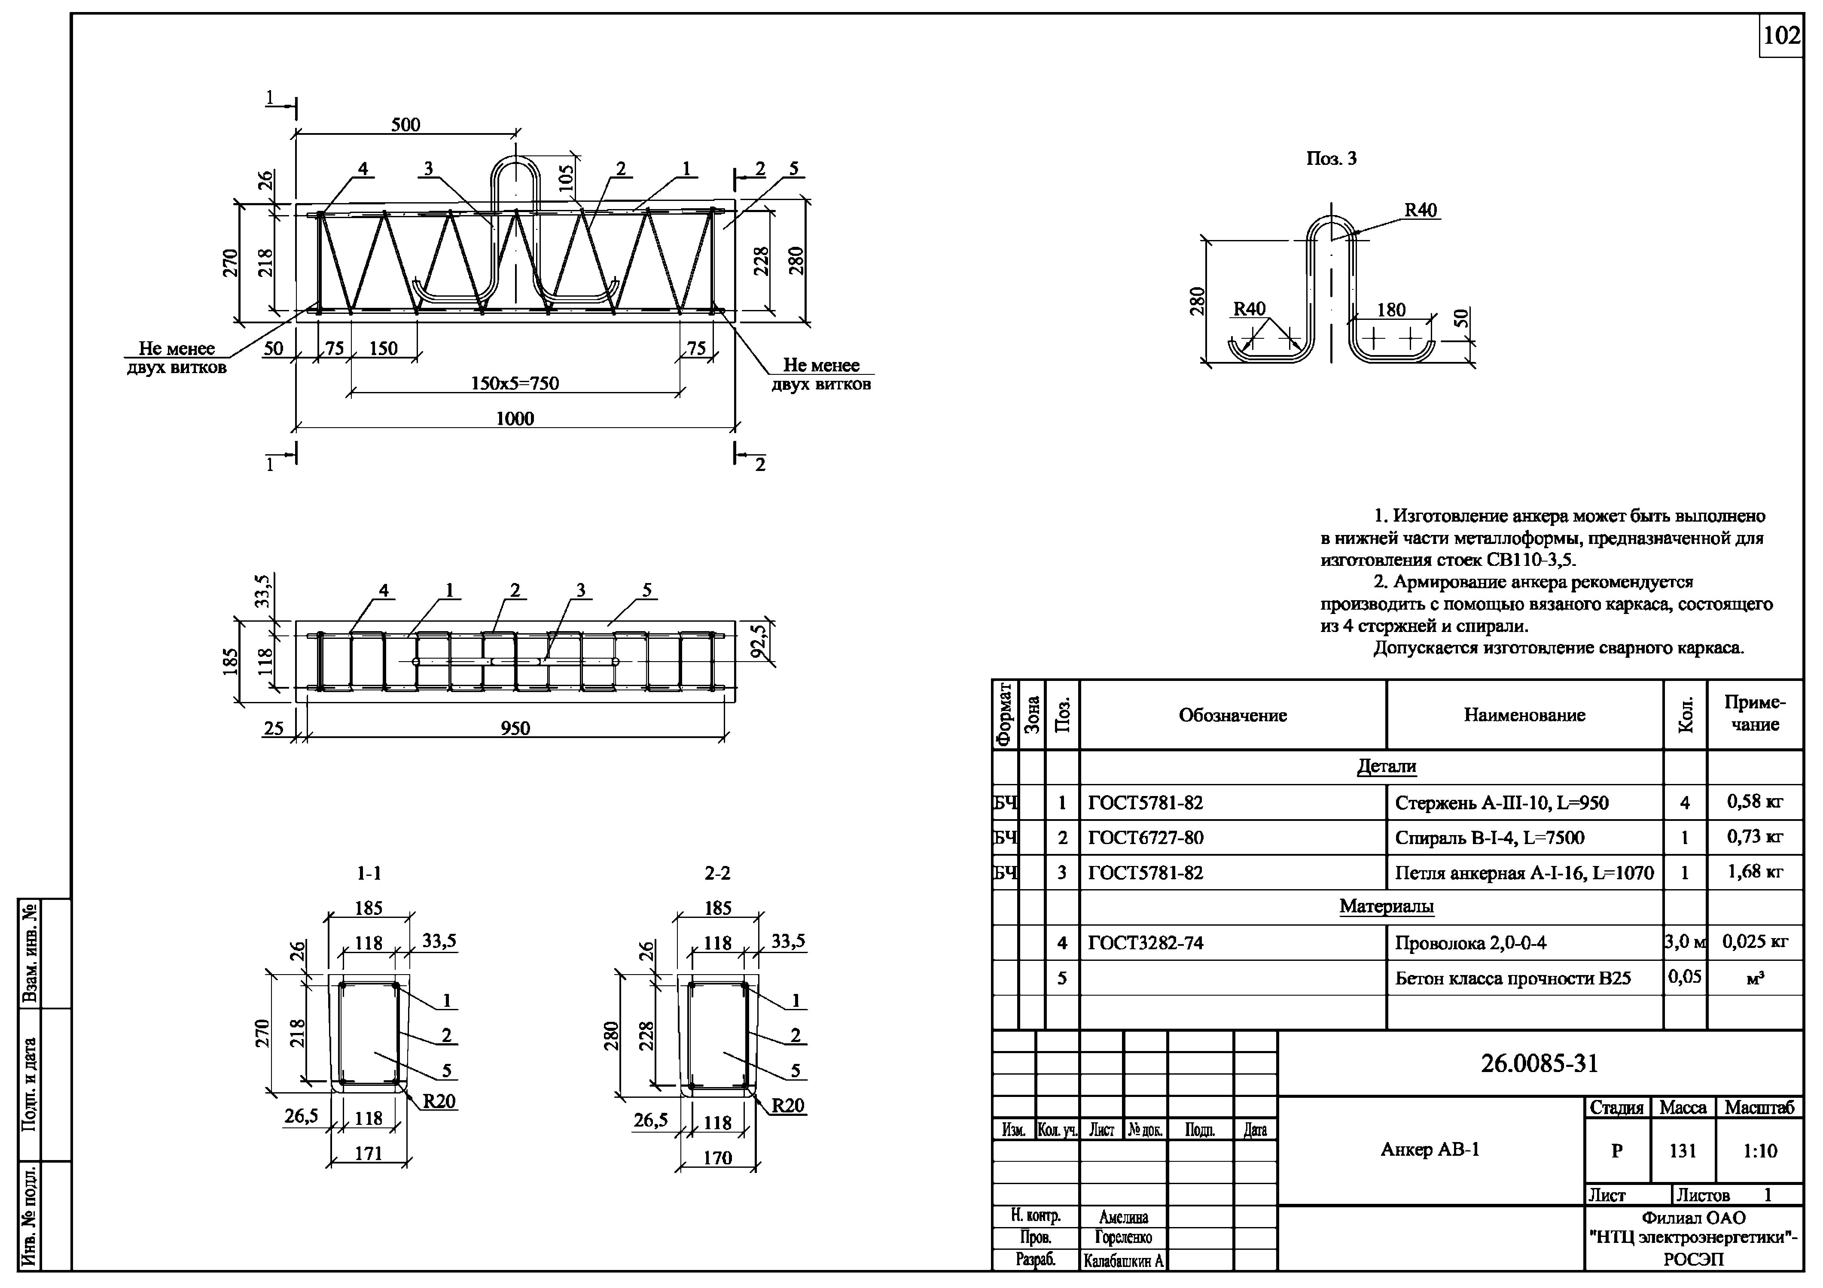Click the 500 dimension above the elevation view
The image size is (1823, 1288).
(406, 125)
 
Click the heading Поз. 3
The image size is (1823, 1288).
(1332, 159)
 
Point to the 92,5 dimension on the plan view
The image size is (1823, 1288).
(760, 642)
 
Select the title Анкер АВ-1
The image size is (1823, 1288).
(1430, 1150)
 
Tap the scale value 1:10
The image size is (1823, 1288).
(1759, 1151)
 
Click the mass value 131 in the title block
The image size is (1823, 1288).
(1683, 1151)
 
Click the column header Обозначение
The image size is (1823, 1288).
(1232, 715)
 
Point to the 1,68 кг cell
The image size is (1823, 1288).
(1755, 872)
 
